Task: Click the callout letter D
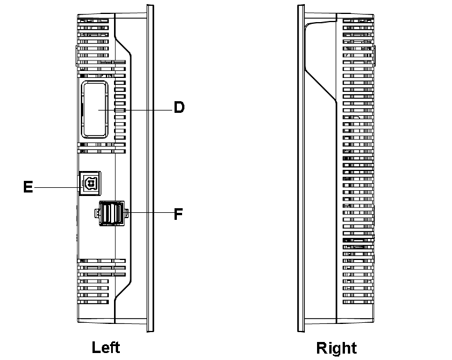click(x=179, y=108)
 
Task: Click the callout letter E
click(x=27, y=187)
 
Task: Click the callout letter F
click(x=179, y=213)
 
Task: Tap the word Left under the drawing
click(x=106, y=347)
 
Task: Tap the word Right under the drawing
click(x=336, y=348)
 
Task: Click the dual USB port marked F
click(x=111, y=213)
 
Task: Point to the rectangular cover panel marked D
click(x=95, y=110)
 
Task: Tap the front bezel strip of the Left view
click(x=149, y=169)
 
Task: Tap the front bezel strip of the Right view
click(x=301, y=169)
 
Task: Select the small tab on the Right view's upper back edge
click(x=373, y=55)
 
